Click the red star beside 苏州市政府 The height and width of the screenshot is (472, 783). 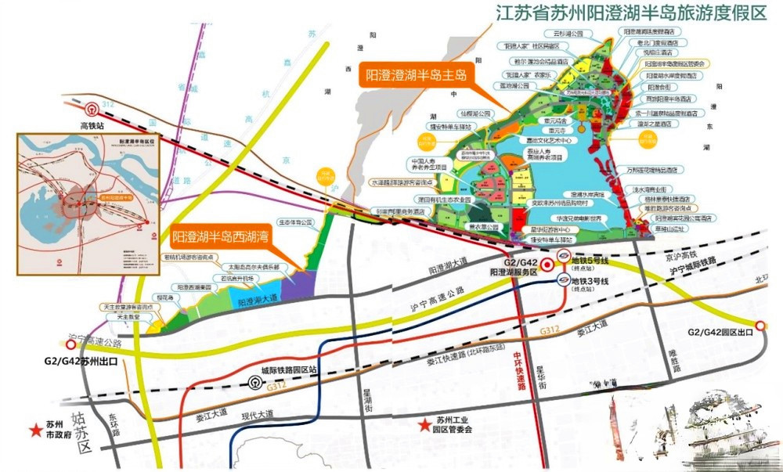click(x=35, y=430)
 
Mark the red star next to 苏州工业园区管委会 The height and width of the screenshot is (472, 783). click(x=422, y=423)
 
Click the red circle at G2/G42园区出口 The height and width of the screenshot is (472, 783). click(x=760, y=326)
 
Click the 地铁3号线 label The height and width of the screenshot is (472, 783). click(x=595, y=280)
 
